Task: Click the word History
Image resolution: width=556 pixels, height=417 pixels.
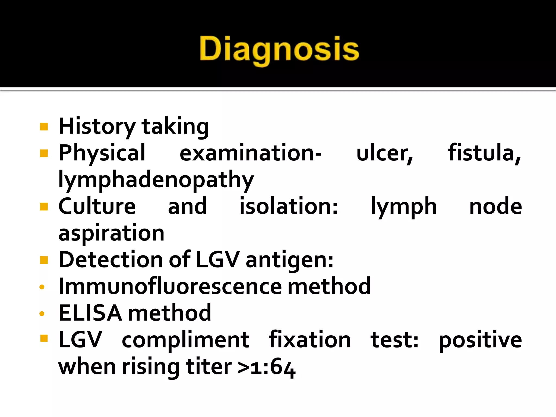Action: pos(97,127)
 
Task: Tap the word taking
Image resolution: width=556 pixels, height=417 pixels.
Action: pos(175,127)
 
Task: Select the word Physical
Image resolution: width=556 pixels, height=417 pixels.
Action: pos(102,153)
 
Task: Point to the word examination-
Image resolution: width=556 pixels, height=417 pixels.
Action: pos(251,153)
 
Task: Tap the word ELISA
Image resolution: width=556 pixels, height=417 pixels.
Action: pos(90,313)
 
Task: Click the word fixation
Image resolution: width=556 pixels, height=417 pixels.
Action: pos(309,339)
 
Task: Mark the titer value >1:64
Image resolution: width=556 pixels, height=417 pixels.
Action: pos(266,367)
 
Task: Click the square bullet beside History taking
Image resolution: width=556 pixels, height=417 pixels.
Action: pos(44,127)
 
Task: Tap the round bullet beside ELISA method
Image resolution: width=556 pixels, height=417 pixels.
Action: pos(42,314)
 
